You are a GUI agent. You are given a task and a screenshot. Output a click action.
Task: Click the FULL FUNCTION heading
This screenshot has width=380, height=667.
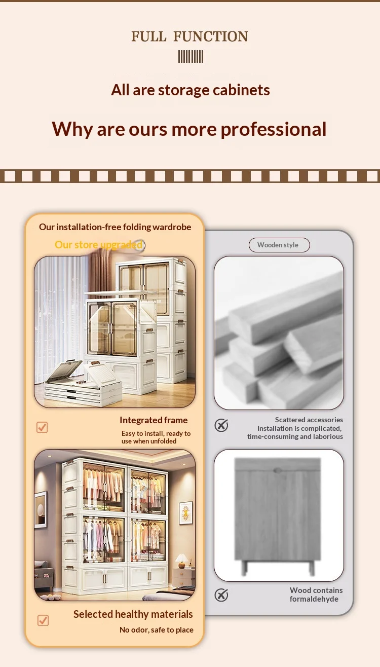pos(189,36)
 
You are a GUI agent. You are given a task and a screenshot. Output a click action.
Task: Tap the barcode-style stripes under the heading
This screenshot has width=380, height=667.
pos(191,57)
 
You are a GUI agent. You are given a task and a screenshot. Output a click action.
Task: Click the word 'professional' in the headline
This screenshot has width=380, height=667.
pos(274,130)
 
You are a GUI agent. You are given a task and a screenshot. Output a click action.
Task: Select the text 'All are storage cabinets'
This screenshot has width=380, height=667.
pos(191,90)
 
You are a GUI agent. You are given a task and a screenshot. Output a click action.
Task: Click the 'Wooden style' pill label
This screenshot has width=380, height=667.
pos(279,245)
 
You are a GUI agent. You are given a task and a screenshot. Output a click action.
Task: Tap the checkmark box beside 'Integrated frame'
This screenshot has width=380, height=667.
pos(42,427)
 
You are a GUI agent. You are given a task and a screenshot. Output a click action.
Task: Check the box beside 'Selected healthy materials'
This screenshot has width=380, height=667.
pos(43,620)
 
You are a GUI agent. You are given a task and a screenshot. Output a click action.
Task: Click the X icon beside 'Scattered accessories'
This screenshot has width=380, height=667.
pos(221,425)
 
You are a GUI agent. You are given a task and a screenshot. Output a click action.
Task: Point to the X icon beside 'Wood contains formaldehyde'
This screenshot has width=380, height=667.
pos(221,595)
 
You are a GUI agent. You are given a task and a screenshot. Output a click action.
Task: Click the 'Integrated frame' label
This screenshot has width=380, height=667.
pos(154,420)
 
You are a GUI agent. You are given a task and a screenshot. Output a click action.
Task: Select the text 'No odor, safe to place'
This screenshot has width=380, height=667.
pos(157,630)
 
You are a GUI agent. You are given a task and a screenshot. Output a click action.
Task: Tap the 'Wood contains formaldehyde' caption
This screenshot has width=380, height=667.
pos(316,595)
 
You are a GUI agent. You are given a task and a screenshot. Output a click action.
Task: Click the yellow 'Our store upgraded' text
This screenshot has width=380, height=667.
pos(98,245)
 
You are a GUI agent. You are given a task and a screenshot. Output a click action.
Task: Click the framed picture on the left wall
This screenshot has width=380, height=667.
pos(41,509)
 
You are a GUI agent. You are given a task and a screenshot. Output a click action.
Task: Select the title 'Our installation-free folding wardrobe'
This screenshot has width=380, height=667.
pos(115,227)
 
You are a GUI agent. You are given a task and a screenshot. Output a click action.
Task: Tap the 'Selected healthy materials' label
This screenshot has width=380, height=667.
pos(133,614)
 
